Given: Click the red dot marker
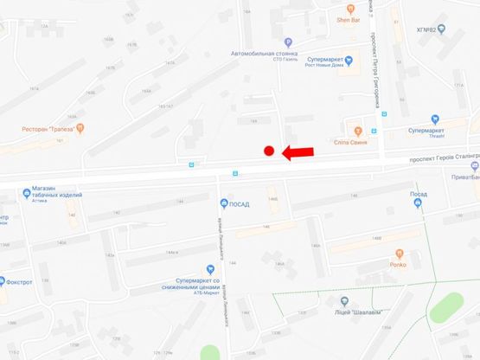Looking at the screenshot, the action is [x=269, y=151].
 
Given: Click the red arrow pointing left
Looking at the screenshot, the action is [x=298, y=152].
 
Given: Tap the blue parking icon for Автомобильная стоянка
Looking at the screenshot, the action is [x=288, y=42].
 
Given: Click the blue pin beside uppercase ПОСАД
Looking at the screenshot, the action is [x=222, y=204].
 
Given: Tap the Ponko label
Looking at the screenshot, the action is [x=398, y=264].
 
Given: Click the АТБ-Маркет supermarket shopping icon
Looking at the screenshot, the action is [x=208, y=270].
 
